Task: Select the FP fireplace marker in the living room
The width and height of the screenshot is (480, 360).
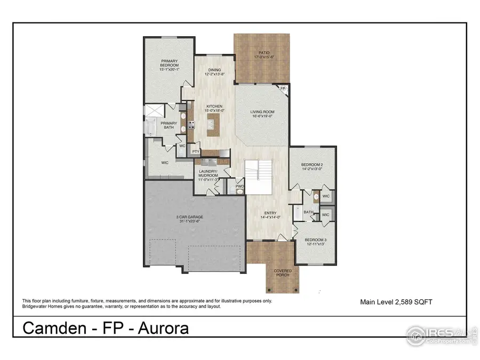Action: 283,89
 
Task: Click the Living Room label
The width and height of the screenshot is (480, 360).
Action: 262,114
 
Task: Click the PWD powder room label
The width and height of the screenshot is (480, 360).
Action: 240,187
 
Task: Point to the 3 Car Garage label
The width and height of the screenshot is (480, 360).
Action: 190,219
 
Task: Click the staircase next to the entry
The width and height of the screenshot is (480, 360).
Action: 258,171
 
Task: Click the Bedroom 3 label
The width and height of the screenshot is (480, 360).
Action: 315,242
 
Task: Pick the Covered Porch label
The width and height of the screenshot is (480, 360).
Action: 283,273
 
